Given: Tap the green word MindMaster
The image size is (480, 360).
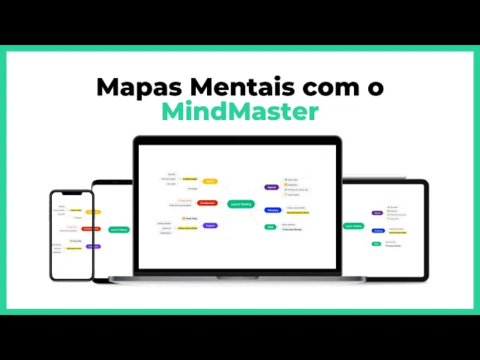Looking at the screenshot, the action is point(240,111).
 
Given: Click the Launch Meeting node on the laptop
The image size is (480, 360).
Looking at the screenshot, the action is point(241,203).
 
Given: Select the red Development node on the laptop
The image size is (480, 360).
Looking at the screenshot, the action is point(208,202).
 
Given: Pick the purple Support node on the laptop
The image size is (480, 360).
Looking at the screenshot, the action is point(210,225).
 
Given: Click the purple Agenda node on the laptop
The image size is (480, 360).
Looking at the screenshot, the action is point(271,187).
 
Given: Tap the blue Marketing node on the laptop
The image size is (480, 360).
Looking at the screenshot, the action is point(273,210).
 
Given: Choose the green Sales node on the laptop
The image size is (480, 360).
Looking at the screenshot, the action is point(270,226).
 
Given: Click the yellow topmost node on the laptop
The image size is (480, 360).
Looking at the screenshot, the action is point(211,181).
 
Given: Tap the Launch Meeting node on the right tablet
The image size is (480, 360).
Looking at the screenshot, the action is point(354,225).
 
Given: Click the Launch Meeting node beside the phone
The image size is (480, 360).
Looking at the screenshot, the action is point(118,229).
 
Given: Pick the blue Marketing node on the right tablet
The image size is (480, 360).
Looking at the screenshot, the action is point(377,231).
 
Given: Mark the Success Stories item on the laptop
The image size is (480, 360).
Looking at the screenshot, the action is point(295,229).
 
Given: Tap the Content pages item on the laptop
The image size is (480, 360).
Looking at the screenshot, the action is point(189,179).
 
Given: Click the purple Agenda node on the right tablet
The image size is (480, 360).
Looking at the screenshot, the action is point(376,212).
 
